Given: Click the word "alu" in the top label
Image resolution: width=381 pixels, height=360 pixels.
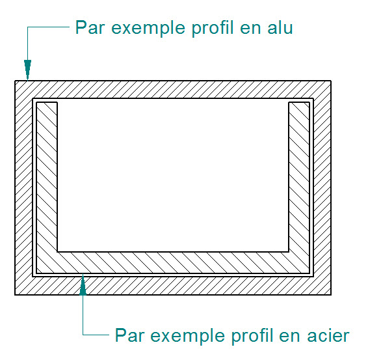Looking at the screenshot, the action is [x=280, y=27].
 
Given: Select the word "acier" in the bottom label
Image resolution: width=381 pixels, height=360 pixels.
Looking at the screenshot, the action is [x=328, y=335].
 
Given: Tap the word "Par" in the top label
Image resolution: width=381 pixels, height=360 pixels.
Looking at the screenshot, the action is [x=90, y=27].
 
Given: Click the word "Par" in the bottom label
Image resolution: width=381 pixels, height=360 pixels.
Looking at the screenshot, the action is [x=130, y=335].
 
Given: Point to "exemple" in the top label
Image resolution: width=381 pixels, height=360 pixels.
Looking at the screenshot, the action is [x=148, y=29].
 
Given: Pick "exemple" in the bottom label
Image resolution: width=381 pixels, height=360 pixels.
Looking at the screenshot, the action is [x=188, y=337].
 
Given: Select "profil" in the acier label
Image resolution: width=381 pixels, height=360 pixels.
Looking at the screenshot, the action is [x=252, y=337].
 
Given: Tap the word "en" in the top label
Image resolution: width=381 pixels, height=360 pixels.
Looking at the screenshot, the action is [x=250, y=29].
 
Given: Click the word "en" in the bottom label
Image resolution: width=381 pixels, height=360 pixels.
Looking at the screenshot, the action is [x=290, y=337].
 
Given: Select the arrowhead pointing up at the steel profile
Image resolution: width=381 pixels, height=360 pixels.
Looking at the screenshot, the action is [x=83, y=285].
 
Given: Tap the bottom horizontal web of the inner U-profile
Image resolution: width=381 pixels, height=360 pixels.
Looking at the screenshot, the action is [x=173, y=263].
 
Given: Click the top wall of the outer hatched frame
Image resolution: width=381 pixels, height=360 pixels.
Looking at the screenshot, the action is [x=173, y=89].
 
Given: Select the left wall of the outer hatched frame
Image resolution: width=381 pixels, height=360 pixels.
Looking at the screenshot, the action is [x=23, y=187].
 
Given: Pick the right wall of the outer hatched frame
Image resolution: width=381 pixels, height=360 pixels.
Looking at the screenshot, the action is [x=322, y=187].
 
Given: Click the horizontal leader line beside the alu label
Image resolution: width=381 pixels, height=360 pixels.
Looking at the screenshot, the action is [x=48, y=27].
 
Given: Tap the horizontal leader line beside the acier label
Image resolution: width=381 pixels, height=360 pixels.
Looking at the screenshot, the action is [x=96, y=335].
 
